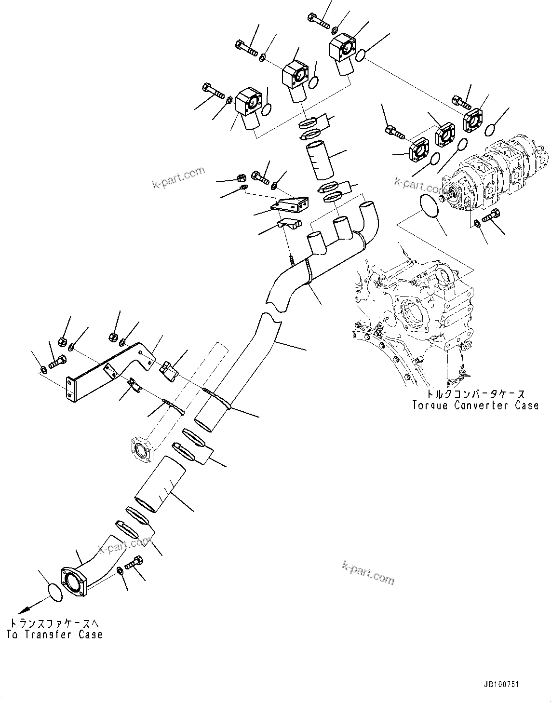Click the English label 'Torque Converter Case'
(475, 405)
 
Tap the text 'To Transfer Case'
(54, 634)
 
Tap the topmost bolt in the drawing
(318, 21)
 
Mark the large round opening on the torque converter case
(411, 314)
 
